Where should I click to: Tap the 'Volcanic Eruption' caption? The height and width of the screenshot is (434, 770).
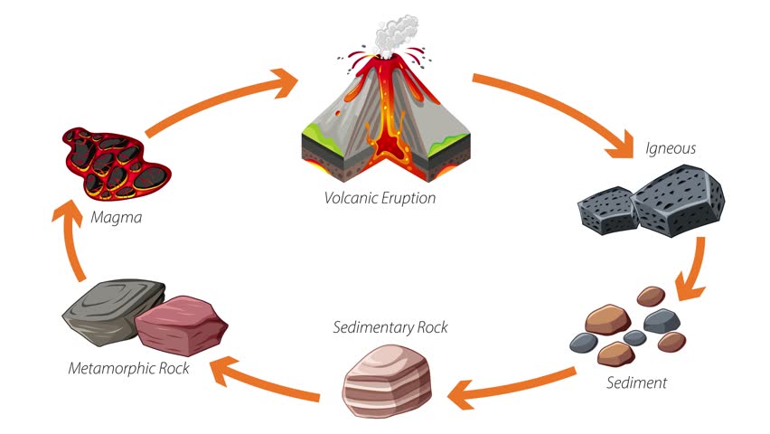[380, 197]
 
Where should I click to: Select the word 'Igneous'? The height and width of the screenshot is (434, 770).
[671, 148]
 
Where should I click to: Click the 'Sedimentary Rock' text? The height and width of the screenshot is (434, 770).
[390, 326]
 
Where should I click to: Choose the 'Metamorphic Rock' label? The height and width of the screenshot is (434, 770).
[129, 368]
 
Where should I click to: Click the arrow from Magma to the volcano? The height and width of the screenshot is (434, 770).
[217, 99]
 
